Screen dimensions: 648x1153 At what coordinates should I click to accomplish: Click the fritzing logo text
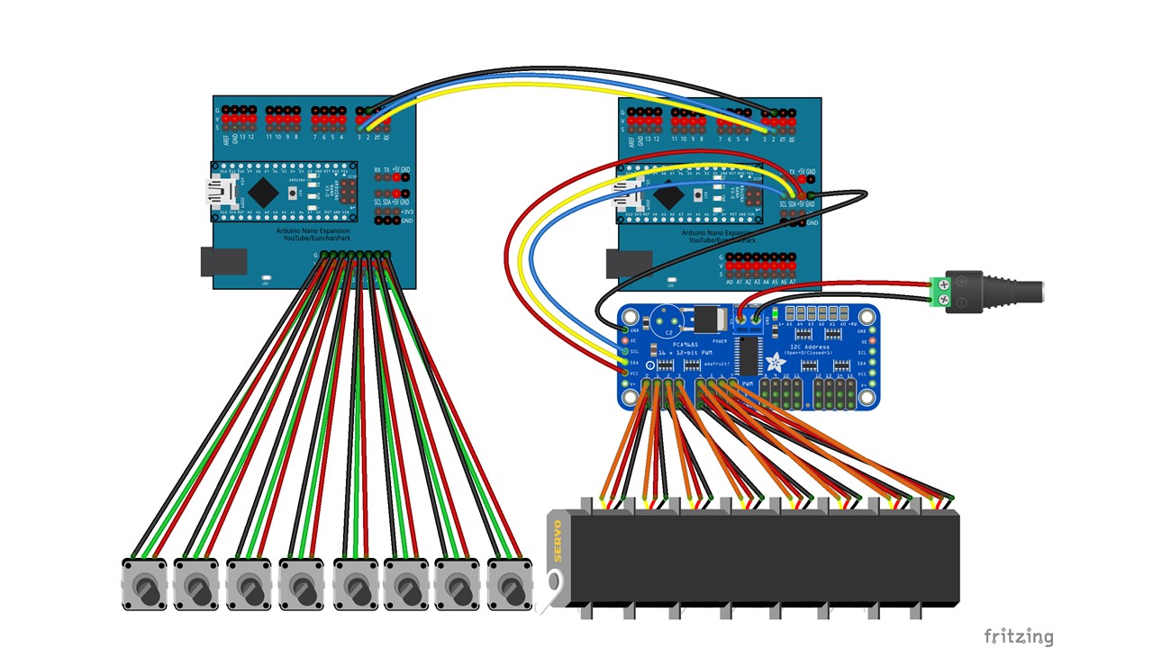[x=1018, y=636]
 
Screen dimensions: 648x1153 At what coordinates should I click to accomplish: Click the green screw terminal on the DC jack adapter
[x=942, y=293]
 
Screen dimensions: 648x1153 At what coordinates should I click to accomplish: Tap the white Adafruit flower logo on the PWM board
[x=773, y=362]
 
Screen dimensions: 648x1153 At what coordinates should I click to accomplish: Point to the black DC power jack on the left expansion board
[x=223, y=261]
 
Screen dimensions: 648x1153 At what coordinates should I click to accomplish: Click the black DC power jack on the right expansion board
[x=629, y=263]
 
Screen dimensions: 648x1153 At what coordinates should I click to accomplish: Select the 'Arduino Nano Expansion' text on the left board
[x=313, y=232]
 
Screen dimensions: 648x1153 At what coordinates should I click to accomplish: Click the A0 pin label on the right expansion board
[x=730, y=282]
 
